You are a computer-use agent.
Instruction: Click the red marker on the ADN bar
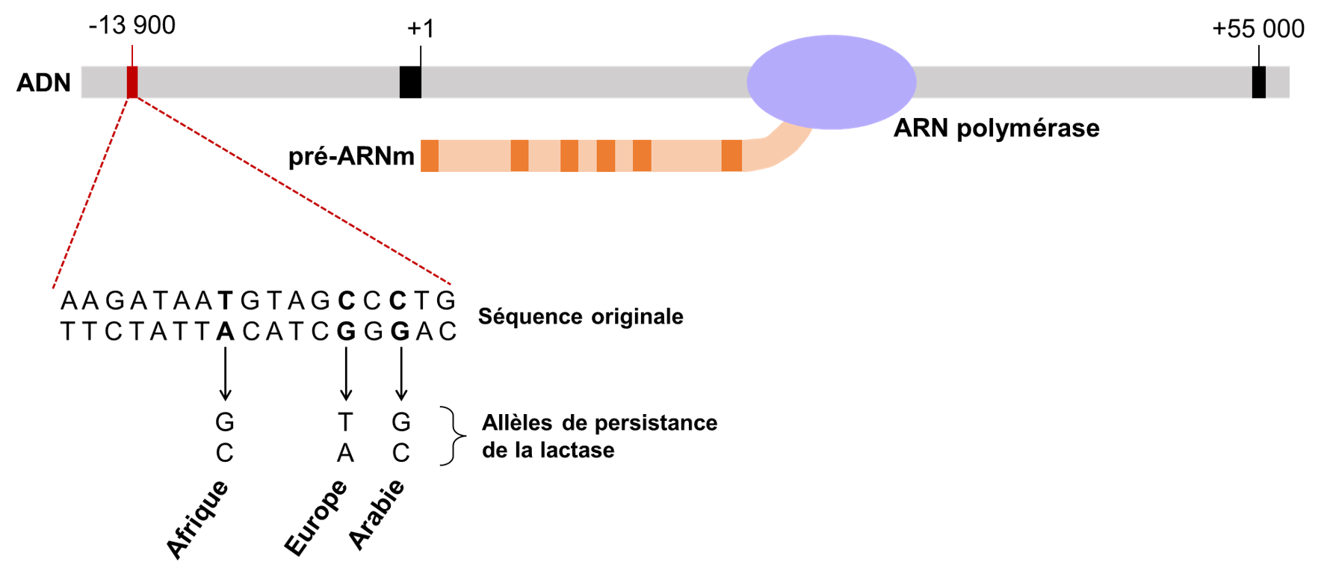(132, 82)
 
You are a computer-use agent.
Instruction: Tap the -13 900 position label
(132, 25)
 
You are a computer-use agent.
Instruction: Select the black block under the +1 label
(410, 82)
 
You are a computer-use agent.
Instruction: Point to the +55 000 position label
(1257, 29)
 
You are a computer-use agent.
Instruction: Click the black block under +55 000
(1259, 82)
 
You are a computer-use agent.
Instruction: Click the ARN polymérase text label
(996, 129)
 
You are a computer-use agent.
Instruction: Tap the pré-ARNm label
(351, 156)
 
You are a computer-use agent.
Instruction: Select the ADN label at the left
(43, 83)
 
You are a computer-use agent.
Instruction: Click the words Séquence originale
(581, 317)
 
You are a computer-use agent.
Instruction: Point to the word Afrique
(197, 519)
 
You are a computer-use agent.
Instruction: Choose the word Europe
(316, 518)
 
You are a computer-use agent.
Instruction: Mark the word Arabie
(377, 515)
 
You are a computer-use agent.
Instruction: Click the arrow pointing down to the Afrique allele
(225, 374)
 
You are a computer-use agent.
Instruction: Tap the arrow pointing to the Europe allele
(345, 374)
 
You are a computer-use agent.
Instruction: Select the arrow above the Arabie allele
(401, 374)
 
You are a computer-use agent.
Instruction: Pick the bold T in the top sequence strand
(225, 301)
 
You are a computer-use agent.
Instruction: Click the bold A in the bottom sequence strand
(225, 332)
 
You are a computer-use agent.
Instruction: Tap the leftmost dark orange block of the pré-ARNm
(430, 156)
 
